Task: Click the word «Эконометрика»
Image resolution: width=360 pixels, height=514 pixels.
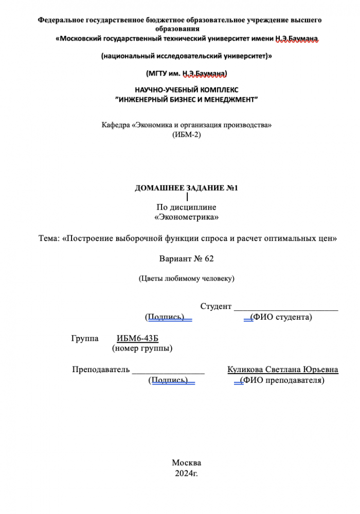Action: [x=186, y=218]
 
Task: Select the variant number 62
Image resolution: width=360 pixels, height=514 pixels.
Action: [x=208, y=258]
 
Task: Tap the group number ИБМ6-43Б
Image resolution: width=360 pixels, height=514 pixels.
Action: [x=137, y=338]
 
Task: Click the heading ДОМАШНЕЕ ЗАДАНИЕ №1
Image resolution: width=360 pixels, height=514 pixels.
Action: [x=186, y=188]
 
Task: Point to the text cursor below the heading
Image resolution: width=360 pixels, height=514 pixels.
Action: [x=187, y=197]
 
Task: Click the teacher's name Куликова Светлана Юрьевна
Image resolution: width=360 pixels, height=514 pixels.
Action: [x=282, y=370]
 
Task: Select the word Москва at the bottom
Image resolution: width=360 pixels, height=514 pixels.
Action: [x=186, y=463]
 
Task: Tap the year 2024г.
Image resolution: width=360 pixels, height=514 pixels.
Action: [x=186, y=473]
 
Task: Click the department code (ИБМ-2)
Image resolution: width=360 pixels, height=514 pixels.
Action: [x=186, y=135]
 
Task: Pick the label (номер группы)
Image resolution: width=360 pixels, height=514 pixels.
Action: [x=142, y=348]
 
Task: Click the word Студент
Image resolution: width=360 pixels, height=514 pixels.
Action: [x=215, y=306]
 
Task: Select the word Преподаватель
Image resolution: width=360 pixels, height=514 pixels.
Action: [x=101, y=370]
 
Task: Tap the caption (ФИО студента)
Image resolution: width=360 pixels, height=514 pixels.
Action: [x=281, y=317]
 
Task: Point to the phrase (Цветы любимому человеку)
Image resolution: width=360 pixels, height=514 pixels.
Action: [x=186, y=279]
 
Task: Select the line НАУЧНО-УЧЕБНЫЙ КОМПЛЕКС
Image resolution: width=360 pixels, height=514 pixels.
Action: [x=186, y=89]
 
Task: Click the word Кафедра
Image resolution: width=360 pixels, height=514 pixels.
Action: [x=115, y=125]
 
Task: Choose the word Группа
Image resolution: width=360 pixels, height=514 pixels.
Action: [x=85, y=338]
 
